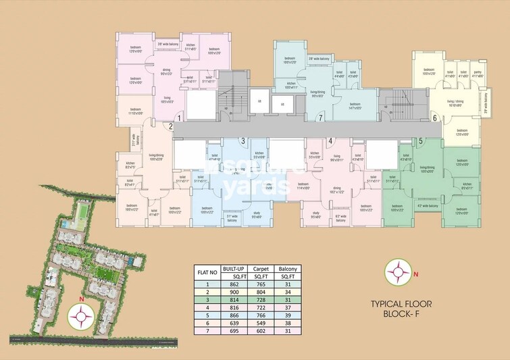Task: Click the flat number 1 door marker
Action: click(178, 118)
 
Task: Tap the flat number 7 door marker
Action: click(320, 118)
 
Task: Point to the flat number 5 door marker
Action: click(420, 141)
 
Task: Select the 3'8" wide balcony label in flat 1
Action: click(168, 45)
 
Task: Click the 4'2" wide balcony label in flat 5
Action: click(429, 205)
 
